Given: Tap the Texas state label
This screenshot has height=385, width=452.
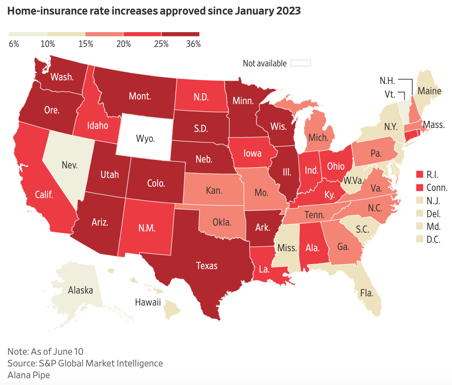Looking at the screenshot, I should pyautogui.click(x=207, y=266).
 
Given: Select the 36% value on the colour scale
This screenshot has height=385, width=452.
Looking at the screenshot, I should pyautogui.click(x=193, y=44).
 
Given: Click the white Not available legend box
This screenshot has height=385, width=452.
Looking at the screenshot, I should pyautogui.click(x=301, y=63).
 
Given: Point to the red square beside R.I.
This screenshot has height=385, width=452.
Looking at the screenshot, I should pyautogui.click(x=420, y=175).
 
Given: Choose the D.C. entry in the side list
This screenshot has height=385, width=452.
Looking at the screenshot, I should pyautogui.click(x=433, y=239).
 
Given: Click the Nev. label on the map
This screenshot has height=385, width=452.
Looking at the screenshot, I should pyautogui.click(x=70, y=165).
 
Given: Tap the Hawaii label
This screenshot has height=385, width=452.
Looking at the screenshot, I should pyautogui.click(x=148, y=302).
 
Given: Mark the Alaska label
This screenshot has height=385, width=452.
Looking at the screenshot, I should pyautogui.click(x=80, y=290).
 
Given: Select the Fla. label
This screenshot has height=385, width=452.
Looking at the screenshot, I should pyautogui.click(x=367, y=293).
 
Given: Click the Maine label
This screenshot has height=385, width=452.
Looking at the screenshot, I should pyautogui.click(x=429, y=91).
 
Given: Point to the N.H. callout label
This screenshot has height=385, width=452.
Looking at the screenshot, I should pyautogui.click(x=387, y=81).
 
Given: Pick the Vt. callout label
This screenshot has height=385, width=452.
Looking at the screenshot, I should pyautogui.click(x=390, y=94).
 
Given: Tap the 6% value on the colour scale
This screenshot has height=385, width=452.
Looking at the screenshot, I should pyautogui.click(x=14, y=44).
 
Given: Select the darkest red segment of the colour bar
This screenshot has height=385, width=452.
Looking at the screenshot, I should pyautogui.click(x=180, y=34).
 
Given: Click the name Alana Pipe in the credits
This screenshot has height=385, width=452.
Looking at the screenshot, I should pyautogui.click(x=29, y=375).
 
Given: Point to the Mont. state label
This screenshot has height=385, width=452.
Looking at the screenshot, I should pyautogui.click(x=140, y=96).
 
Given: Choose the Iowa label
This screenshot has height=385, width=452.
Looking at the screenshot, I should pyautogui.click(x=252, y=153).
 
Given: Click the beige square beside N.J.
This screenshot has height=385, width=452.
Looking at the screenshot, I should pyautogui.click(x=420, y=201).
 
